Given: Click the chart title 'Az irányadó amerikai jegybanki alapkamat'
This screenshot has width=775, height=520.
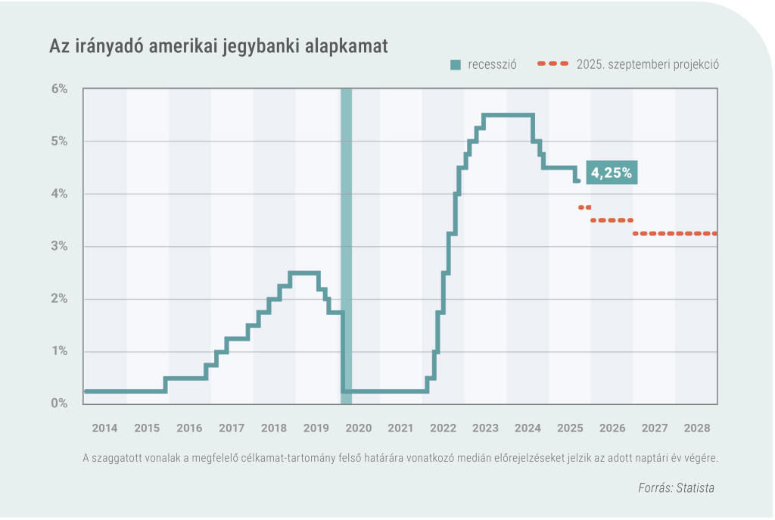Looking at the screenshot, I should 218,47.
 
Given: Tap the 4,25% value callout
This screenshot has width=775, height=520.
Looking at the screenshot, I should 612,173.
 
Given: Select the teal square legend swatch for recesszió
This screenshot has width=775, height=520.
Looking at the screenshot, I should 456,65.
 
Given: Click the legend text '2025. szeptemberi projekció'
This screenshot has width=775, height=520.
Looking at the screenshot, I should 647,65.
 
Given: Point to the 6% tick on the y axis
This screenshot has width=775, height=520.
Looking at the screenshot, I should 59,89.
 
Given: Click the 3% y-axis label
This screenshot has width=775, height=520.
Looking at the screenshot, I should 59,246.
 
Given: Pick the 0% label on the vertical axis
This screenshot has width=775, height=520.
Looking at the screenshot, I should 59,403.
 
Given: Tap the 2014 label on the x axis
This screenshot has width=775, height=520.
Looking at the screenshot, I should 104,428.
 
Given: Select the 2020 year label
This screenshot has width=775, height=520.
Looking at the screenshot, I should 359,428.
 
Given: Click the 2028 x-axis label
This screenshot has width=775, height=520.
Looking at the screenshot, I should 696,428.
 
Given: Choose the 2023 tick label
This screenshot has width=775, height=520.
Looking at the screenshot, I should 485,428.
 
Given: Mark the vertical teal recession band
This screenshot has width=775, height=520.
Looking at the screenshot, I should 347,246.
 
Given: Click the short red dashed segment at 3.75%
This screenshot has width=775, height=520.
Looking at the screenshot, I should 584,207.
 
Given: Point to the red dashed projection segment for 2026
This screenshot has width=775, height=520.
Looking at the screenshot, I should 612,220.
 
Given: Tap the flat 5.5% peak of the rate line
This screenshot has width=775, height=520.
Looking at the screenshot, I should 509,115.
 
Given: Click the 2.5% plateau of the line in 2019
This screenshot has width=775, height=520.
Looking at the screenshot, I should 304,272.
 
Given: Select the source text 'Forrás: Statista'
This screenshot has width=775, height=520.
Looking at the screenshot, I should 676,488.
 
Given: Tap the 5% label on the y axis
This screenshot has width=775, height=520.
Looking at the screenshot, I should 59,142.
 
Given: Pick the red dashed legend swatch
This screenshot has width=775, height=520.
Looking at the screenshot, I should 552,65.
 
